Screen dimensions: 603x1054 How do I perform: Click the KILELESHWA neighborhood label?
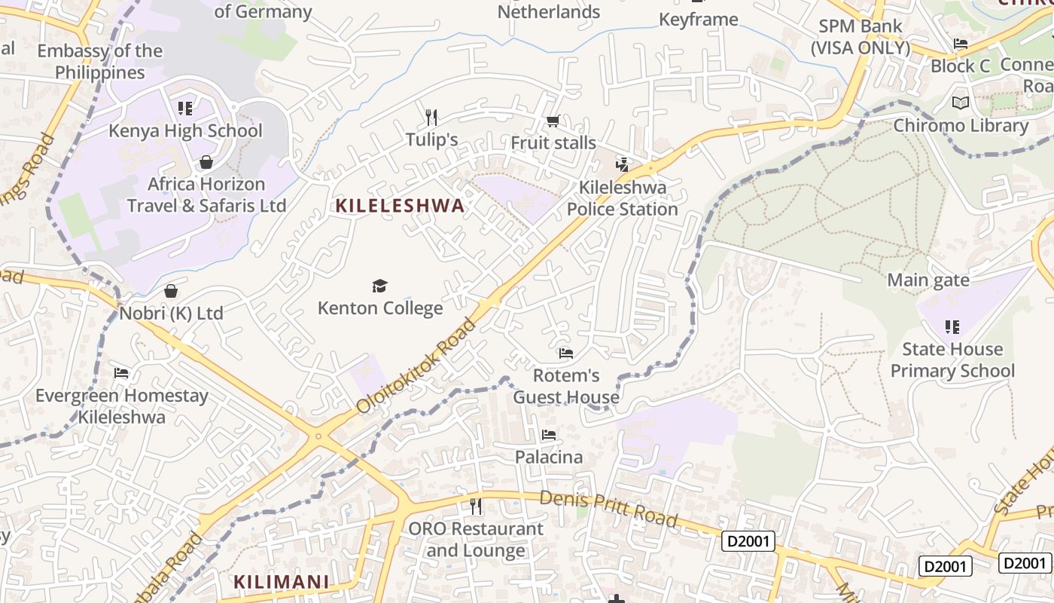[x=400, y=206]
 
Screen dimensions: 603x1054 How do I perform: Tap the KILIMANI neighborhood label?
[x=281, y=582]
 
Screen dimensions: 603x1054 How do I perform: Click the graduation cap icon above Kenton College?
[x=379, y=286]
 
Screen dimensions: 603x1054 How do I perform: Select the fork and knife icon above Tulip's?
[x=431, y=117]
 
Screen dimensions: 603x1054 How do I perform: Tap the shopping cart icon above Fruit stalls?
[x=553, y=121]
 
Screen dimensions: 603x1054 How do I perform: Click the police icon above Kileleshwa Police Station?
[x=623, y=164]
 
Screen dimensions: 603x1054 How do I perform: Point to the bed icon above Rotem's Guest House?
[x=565, y=353]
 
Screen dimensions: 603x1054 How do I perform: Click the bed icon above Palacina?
[x=549, y=435]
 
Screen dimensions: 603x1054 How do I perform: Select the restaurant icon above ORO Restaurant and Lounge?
[x=475, y=506]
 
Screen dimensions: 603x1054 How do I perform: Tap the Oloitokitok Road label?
[x=416, y=366]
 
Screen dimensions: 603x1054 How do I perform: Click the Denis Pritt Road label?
[x=608, y=508]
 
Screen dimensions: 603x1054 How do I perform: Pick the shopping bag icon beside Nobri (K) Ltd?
[x=171, y=291]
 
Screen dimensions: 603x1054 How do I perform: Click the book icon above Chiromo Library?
[x=961, y=103]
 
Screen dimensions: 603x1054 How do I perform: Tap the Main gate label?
[x=928, y=280]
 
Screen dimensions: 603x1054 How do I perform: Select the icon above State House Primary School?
[x=952, y=327]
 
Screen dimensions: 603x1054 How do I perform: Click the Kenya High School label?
[x=185, y=130]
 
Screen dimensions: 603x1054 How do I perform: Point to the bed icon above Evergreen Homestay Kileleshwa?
[x=120, y=373]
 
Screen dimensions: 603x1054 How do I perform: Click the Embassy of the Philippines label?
[x=99, y=62]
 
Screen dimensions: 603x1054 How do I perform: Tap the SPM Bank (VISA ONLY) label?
[x=860, y=36]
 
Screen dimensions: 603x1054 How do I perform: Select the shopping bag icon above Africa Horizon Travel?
[x=206, y=162]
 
